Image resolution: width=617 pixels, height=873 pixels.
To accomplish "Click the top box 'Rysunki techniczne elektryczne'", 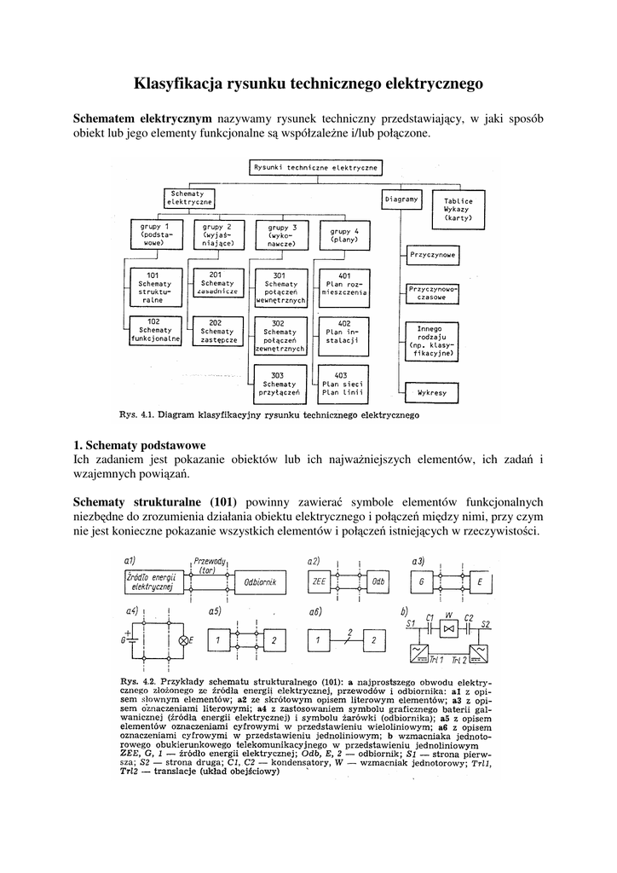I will coord(316,168).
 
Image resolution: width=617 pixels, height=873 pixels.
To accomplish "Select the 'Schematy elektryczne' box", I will coord(188,199).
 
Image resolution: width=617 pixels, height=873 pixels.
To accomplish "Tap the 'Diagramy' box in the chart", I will coord(402,199).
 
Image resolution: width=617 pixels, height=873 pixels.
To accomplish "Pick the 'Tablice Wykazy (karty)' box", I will coord(458,210).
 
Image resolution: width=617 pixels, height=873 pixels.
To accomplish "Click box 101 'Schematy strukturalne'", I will coord(153,287).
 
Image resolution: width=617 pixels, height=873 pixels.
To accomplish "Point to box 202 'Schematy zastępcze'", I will coord(216,331).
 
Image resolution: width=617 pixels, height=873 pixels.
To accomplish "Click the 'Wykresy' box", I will coord(432,394).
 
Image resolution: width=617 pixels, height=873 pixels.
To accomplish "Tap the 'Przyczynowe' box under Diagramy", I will coord(432,255).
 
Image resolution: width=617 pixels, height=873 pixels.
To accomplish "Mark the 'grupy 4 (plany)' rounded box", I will coord(344,236).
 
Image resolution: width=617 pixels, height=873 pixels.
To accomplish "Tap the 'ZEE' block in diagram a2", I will coord(320,582).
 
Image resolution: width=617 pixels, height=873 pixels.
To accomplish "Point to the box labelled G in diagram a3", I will coord(421,582).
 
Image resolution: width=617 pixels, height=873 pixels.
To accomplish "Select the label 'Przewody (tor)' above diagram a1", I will coord(209,564).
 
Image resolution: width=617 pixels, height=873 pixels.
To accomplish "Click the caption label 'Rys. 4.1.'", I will coord(134,417).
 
